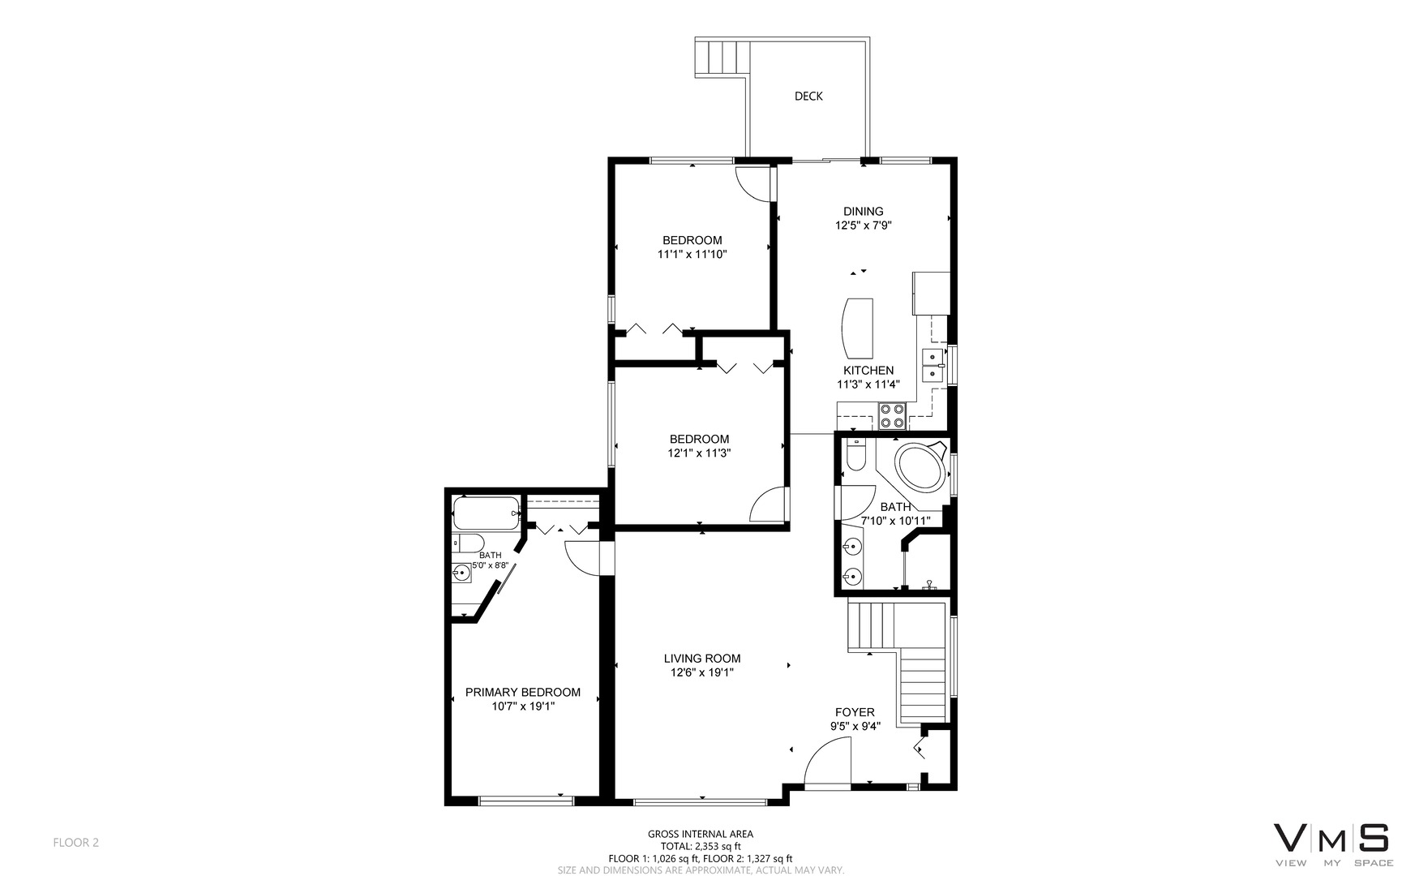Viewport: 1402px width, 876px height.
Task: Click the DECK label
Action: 808,97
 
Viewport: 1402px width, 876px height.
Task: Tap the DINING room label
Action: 864,212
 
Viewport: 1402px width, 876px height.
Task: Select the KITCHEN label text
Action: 868,371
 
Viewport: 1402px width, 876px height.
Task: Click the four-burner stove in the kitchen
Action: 893,416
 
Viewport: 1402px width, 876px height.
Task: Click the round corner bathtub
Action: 921,465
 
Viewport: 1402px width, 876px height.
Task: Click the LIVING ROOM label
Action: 702,659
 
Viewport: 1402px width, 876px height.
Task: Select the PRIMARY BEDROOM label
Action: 523,693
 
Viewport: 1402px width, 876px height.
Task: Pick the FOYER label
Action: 855,713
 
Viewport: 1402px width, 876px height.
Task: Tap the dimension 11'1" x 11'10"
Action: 692,255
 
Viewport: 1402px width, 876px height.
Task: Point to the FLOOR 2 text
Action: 75,843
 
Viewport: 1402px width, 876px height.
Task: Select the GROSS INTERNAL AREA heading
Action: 701,834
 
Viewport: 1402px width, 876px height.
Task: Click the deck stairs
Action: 720,58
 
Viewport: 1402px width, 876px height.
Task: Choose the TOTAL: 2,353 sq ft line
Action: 701,846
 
